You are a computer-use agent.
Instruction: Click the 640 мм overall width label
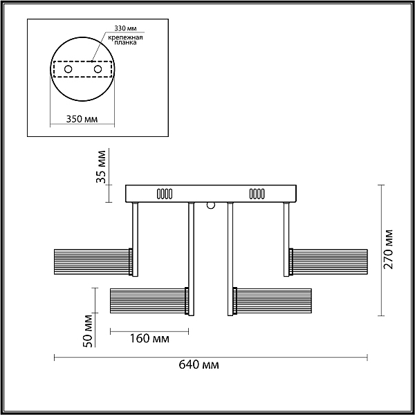(x=199, y=365)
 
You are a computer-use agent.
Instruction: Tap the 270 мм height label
(x=389, y=250)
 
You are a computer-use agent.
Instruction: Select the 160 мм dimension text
(x=149, y=338)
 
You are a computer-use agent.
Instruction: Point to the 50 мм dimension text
(x=87, y=331)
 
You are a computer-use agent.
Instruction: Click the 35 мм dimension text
(x=100, y=167)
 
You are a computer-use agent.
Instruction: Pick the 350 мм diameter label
(x=82, y=119)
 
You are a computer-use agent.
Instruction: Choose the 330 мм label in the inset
(x=125, y=28)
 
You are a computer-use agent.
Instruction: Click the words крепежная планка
(x=125, y=39)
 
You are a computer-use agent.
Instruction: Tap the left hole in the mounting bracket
(x=68, y=69)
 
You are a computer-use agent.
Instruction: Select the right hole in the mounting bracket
(x=98, y=69)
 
